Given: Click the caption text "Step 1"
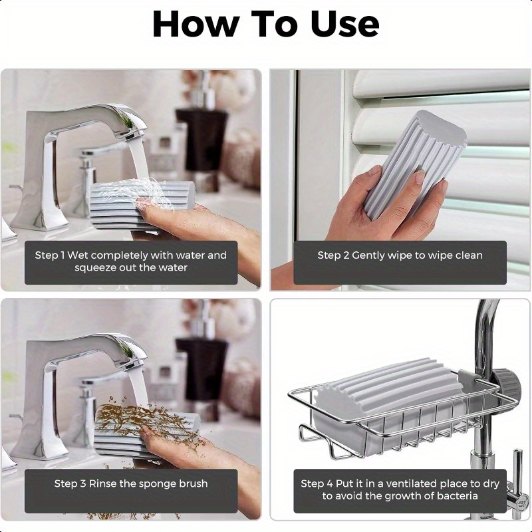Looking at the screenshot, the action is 49,255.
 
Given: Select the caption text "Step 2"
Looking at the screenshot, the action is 333,255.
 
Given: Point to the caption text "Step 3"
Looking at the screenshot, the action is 70,483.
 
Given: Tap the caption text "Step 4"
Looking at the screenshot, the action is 317,483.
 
